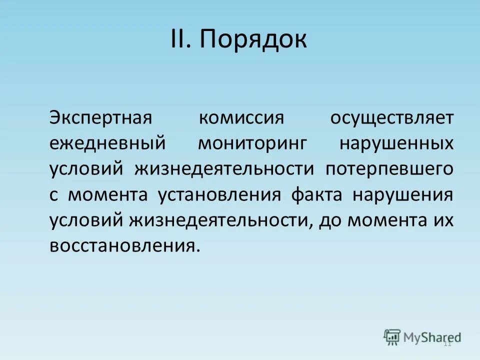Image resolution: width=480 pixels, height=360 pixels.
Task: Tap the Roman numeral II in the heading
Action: click(x=180, y=39)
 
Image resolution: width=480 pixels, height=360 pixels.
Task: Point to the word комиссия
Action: click(x=241, y=118)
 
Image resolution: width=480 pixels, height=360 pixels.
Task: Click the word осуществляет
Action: click(x=392, y=118)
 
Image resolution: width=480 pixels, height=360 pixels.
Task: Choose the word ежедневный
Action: click(x=107, y=143)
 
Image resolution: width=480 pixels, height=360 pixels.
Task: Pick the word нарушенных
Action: click(x=396, y=143)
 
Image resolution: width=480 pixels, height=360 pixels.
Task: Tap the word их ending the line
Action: click(x=443, y=220)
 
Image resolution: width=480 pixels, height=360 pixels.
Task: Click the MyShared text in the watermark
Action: click(x=432, y=336)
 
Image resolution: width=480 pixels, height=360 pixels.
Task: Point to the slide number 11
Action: click(x=447, y=343)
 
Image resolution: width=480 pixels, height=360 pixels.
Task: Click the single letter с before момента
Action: click(x=54, y=195)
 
